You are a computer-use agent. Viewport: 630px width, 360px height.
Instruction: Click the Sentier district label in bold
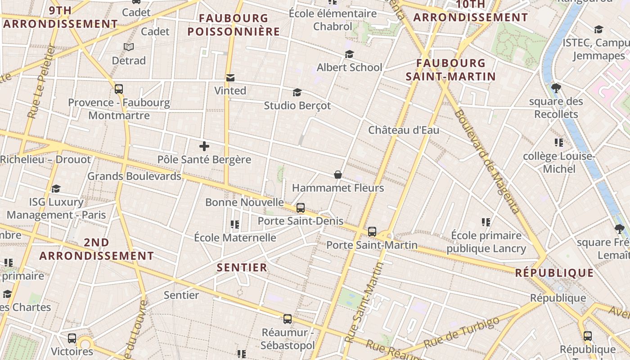pyautogui.click(x=242, y=267)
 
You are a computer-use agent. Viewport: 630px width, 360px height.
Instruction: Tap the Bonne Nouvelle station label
pyautogui.click(x=244, y=202)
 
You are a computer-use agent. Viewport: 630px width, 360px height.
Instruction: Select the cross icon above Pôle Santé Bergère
pyautogui.click(x=204, y=146)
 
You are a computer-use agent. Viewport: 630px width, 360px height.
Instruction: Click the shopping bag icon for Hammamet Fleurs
pyautogui.click(x=337, y=175)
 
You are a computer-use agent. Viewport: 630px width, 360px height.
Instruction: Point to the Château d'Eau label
pyautogui.click(x=404, y=130)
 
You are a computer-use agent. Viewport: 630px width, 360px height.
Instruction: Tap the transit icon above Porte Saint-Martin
pyautogui.click(x=372, y=232)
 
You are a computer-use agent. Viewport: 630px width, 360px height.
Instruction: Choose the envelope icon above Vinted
pyautogui.click(x=230, y=78)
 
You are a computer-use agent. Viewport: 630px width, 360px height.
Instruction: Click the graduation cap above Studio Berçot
pyautogui.click(x=297, y=93)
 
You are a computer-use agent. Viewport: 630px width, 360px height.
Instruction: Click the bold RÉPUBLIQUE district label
pyautogui.click(x=554, y=273)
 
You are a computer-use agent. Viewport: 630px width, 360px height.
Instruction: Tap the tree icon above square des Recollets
pyautogui.click(x=556, y=88)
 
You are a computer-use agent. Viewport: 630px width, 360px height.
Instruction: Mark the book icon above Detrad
pyautogui.click(x=129, y=47)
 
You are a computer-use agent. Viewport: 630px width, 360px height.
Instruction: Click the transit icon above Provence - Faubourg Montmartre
pyautogui.click(x=119, y=89)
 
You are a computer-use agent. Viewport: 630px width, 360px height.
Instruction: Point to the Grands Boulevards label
pyautogui.click(x=134, y=176)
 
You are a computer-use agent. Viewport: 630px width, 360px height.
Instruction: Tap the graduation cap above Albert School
pyautogui.click(x=349, y=54)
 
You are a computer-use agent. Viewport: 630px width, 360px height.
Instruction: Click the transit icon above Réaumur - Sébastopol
pyautogui.click(x=288, y=319)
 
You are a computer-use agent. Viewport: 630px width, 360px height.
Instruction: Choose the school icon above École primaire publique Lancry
pyautogui.click(x=486, y=222)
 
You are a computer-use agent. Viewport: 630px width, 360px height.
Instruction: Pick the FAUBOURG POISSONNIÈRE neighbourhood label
pyautogui.click(x=234, y=25)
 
